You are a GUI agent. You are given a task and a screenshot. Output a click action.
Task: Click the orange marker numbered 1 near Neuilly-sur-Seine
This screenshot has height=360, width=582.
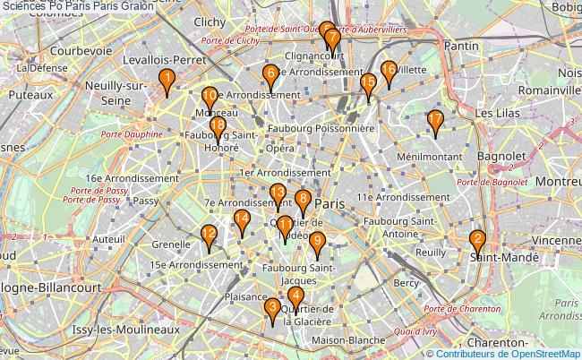(x=166, y=82)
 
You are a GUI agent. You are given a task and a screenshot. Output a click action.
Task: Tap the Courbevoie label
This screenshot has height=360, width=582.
(x=81, y=51)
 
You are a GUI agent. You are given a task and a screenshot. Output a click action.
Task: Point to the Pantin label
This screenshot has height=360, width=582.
(x=461, y=45)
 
